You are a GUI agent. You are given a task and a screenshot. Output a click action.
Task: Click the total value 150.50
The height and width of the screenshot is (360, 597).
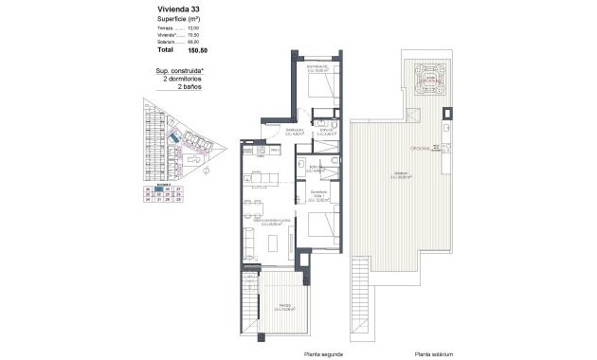tap(198, 50)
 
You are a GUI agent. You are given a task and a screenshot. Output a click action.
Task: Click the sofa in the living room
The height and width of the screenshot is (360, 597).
tap(250, 241)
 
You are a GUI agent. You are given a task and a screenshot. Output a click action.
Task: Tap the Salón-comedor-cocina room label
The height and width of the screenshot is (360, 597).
tap(269, 222)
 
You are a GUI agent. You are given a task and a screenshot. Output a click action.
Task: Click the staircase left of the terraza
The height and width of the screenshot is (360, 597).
tap(248, 312)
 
